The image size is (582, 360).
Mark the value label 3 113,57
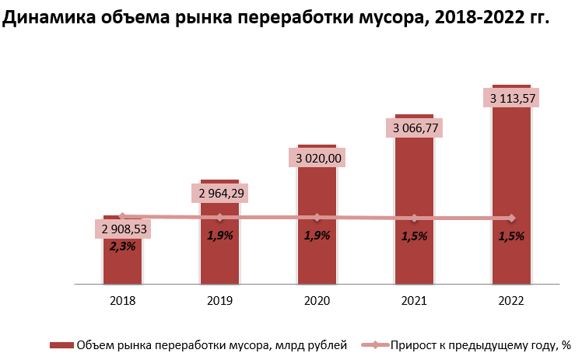pos(511,98)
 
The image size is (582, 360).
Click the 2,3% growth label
pos(123,246)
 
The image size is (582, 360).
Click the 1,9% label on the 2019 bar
pos(220,235)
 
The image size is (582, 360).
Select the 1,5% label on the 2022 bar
pos(511,236)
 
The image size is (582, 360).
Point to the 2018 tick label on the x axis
pos(123,301)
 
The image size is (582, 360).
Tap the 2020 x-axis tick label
pos(317,301)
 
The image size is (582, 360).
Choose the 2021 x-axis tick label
pos(414,301)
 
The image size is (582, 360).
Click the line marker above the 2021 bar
pos(414,218)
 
